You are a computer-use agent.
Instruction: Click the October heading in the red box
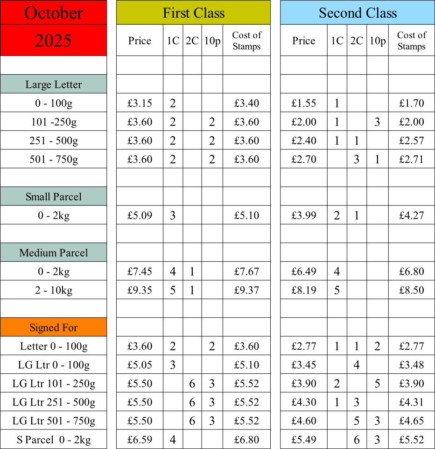coord(54,13)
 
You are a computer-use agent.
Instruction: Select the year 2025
coord(53,41)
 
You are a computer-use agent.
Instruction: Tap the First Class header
coord(194,13)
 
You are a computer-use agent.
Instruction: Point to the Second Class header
coord(358,13)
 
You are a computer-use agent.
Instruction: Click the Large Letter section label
coord(54,84)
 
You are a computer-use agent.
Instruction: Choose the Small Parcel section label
coord(54,196)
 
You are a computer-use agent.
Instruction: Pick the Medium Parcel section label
coord(54,253)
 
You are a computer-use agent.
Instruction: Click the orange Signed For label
coord(54,328)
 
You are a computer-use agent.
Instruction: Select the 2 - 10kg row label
coord(54,290)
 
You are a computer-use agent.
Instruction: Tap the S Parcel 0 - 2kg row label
coord(54,440)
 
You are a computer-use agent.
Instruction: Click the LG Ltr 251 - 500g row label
coord(54,402)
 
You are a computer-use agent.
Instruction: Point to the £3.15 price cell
coord(140,103)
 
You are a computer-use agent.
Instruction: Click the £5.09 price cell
coord(140,215)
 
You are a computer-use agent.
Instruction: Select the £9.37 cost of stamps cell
coord(246,290)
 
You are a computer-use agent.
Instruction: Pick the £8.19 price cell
coord(303,290)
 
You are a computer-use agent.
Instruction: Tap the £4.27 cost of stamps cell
coord(412,215)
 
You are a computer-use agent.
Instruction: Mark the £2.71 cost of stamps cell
coord(412,159)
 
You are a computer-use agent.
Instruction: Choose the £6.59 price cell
coord(140,440)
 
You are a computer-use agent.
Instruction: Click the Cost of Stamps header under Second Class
coord(412,41)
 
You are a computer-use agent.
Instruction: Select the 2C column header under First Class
coord(192,41)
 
